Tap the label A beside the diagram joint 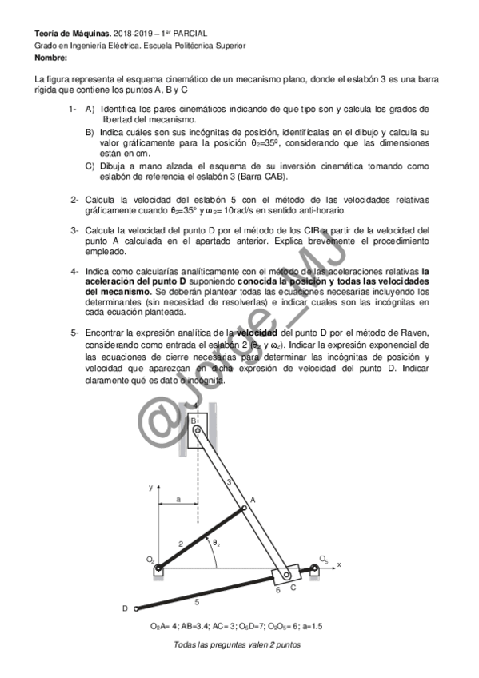coord(253,498)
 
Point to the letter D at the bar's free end coord(125,609)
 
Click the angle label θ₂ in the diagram coord(215,544)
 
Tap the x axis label coord(338,564)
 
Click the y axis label coord(150,486)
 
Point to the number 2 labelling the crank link coord(181,544)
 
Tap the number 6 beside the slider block coord(277,590)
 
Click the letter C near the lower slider coord(293,588)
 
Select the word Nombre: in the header coord(51,58)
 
